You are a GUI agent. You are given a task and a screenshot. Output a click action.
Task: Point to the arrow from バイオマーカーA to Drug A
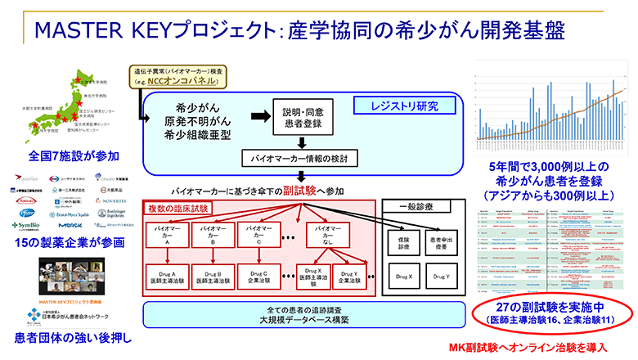pyautogui.click(x=166, y=257)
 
